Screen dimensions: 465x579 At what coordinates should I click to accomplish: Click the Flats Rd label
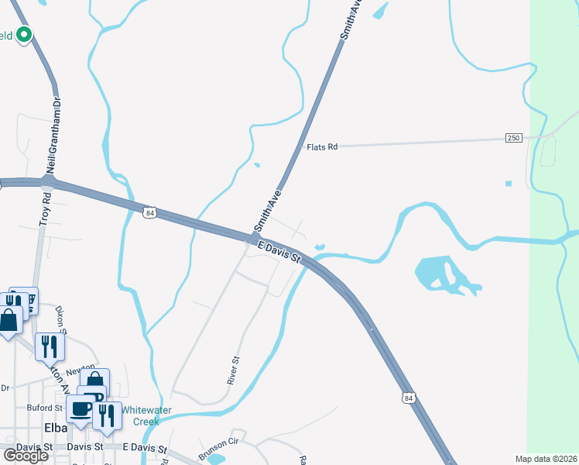[322, 146]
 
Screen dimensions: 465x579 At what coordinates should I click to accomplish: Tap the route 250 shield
[514, 138]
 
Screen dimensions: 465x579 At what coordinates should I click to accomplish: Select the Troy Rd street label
[46, 211]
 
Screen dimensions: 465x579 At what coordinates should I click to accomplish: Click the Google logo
[26, 456]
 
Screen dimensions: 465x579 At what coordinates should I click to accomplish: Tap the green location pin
[24, 35]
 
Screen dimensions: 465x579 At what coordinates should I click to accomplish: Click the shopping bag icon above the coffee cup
[94, 381]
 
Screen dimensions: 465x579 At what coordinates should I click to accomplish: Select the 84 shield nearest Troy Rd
[150, 212]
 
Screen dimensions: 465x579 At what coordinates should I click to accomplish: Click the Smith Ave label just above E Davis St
[266, 214]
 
